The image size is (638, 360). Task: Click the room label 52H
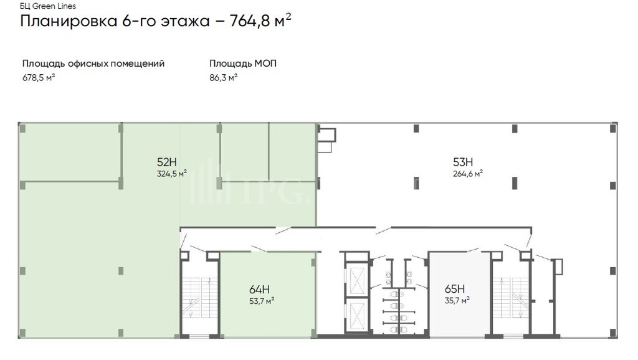pos(167,162)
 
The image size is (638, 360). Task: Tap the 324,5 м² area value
pos(172,174)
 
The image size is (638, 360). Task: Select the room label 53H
pos(463,162)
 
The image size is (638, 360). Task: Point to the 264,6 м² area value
pos(468,174)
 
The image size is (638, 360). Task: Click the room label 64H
pos(260,289)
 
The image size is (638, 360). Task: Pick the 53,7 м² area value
pos(262,301)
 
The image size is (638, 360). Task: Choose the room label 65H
pos(455,289)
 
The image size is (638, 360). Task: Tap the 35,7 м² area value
pos(457,301)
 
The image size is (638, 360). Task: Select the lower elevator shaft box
pos(357,316)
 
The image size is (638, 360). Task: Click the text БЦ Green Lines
pos(48,6)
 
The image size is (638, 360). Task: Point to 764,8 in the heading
pos(250,21)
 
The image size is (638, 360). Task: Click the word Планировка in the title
pos(69,21)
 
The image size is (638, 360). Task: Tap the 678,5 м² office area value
pos(39,77)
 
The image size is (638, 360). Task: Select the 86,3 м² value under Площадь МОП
pos(224,77)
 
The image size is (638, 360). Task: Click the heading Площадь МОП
pos(243,64)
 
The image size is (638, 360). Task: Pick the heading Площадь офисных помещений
pos(93,64)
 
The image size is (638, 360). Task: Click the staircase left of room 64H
pos(199,298)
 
